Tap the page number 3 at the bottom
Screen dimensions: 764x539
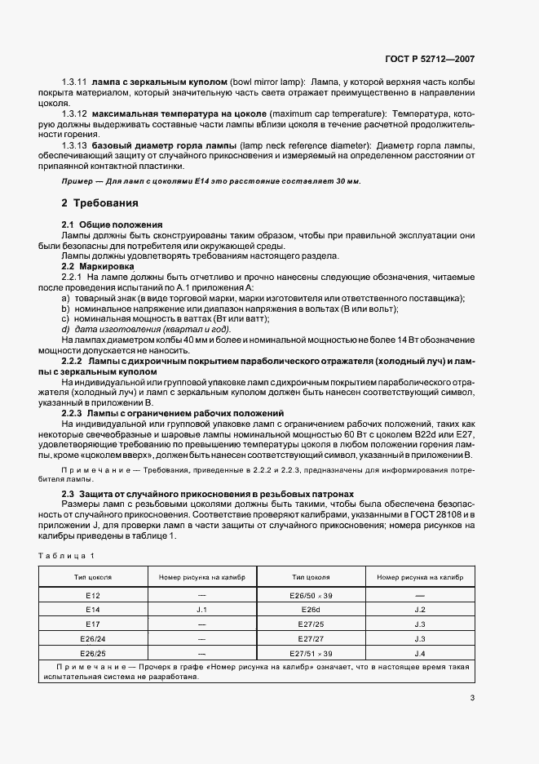[x=472, y=697]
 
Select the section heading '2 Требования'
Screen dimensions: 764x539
[x=100, y=202]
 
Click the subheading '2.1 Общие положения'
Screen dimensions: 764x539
[x=113, y=224]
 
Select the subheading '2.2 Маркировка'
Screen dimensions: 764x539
[x=98, y=267]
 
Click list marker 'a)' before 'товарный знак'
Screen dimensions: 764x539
[x=66, y=299]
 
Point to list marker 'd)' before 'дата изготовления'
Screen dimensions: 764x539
[x=66, y=329]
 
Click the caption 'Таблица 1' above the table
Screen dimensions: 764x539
[x=66, y=556]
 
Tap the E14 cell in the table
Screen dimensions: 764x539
[x=92, y=609]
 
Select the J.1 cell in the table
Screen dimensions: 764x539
[x=202, y=609]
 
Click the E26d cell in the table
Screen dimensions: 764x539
[x=311, y=609]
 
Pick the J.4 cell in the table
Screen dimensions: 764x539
[x=420, y=653]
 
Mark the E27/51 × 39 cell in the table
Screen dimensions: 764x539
[x=311, y=653]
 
